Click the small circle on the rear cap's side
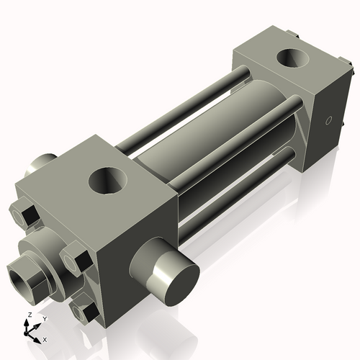[329, 120]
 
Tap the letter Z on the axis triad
[29, 315]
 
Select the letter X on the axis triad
[45, 338]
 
